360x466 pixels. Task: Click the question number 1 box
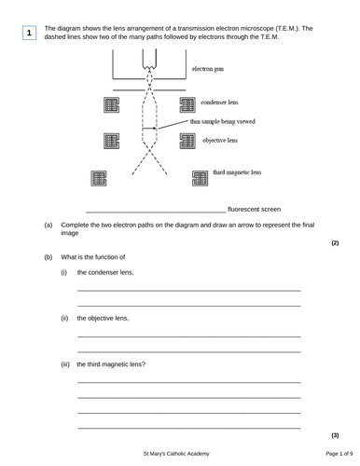tap(30, 34)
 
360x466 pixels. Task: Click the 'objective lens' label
tap(220, 140)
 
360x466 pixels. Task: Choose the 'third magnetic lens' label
tap(237, 172)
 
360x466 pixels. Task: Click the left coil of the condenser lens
tap(112, 105)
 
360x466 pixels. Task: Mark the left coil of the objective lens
tap(112, 142)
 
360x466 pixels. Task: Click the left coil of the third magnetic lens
tap(99, 178)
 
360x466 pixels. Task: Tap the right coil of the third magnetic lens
tap(200, 178)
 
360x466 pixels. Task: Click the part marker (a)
tap(48, 226)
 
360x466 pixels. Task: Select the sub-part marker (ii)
tap(64, 318)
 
